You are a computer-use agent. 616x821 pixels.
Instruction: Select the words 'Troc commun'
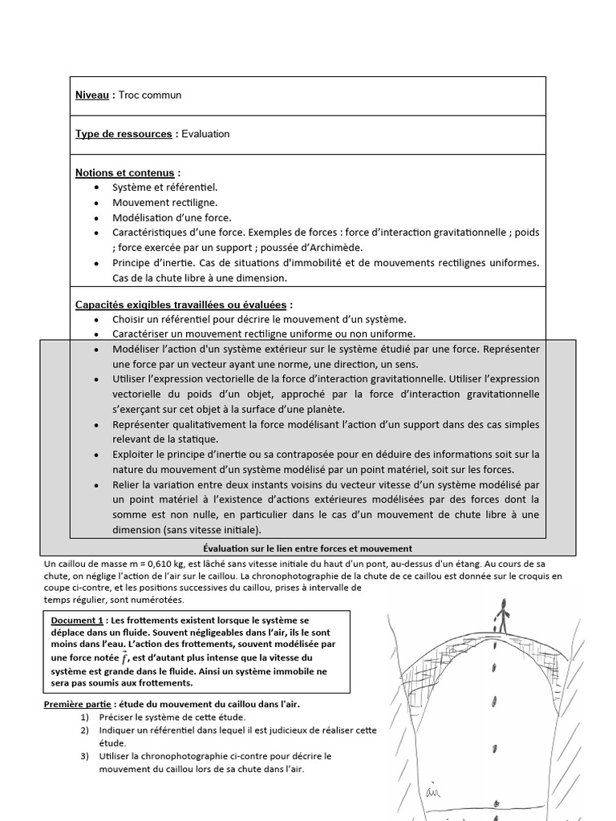(x=150, y=95)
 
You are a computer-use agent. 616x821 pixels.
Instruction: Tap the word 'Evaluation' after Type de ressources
(x=205, y=134)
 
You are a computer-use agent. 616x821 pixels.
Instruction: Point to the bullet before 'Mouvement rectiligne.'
(x=97, y=203)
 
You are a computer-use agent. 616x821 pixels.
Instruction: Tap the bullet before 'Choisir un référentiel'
(x=97, y=319)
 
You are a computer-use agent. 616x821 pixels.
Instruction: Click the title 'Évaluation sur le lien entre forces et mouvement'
(x=307, y=548)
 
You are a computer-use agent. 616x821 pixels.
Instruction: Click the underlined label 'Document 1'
(x=77, y=621)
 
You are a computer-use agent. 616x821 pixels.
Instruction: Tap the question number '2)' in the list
(x=85, y=730)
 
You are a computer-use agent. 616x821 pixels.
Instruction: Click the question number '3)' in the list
(x=85, y=755)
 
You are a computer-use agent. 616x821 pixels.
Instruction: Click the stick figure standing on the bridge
(x=502, y=615)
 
